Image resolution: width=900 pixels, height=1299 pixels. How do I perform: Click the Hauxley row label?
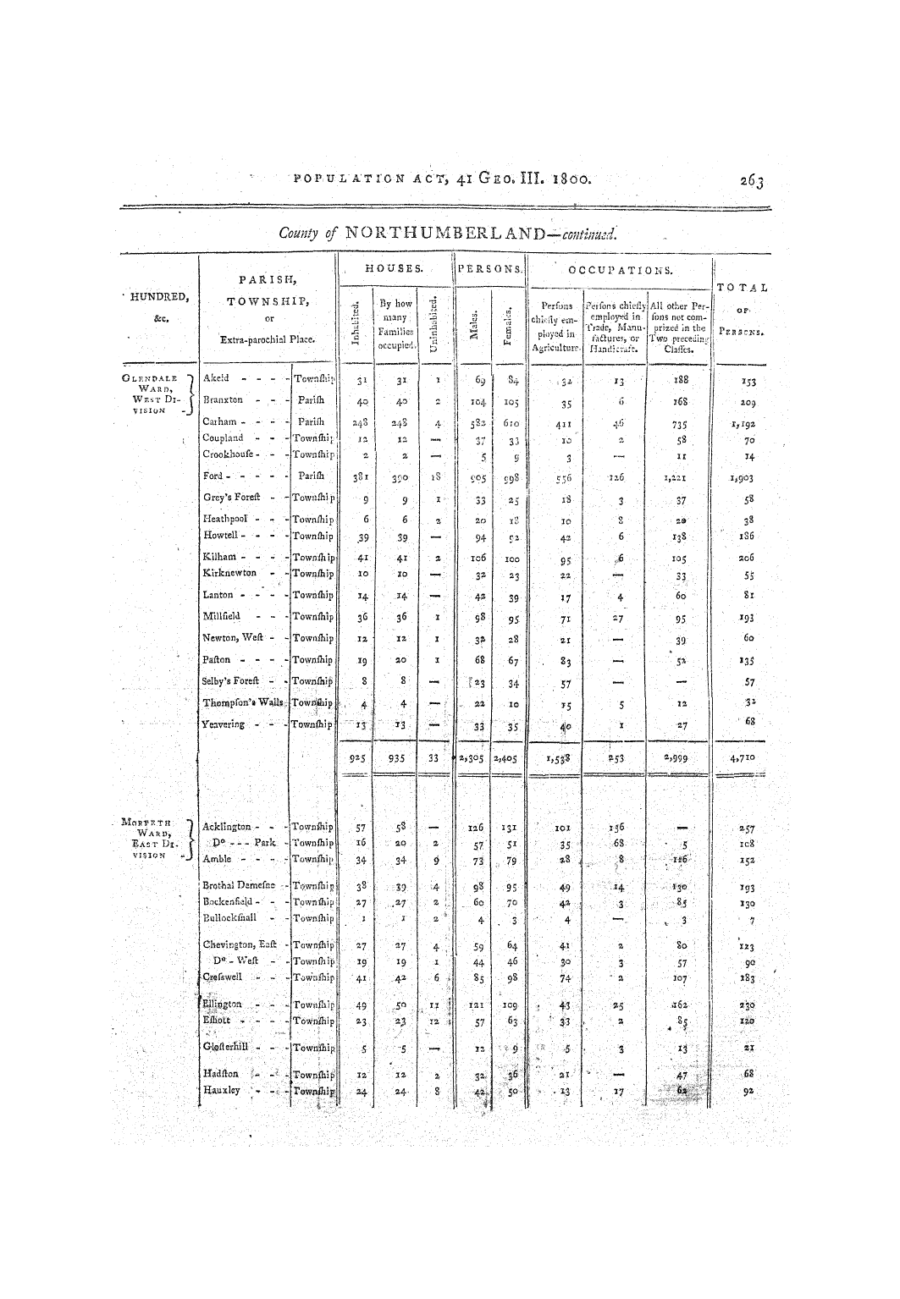[x=222, y=1090]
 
